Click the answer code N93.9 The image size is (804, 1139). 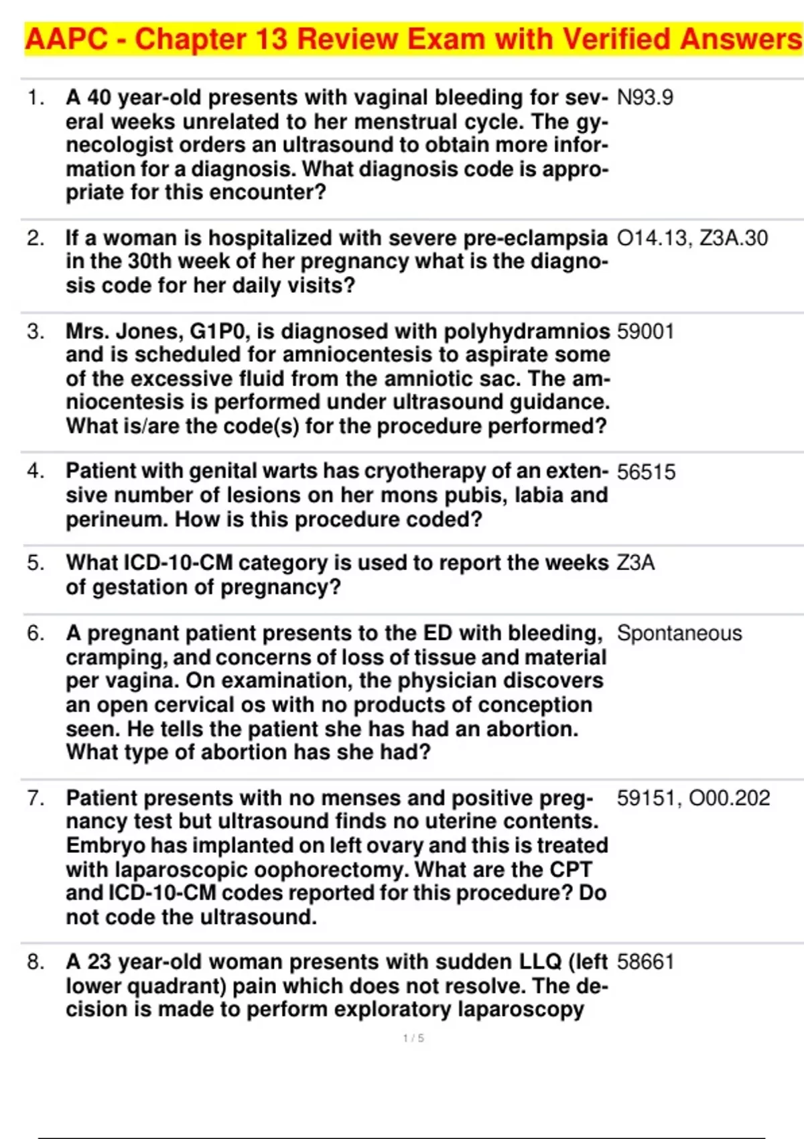click(x=645, y=98)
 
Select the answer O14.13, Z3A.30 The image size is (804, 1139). click(x=692, y=239)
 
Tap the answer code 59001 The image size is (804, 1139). click(x=645, y=332)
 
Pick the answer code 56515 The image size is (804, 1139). click(x=646, y=472)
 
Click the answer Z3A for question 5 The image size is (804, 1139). click(x=635, y=563)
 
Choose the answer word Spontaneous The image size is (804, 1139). click(x=679, y=633)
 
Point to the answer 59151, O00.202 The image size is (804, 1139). click(x=693, y=798)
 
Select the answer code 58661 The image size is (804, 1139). click(x=645, y=962)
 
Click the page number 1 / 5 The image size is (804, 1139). click(x=413, y=1038)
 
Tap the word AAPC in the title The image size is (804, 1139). click(x=66, y=40)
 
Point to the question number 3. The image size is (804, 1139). click(x=36, y=332)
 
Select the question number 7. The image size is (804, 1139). click(x=36, y=798)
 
